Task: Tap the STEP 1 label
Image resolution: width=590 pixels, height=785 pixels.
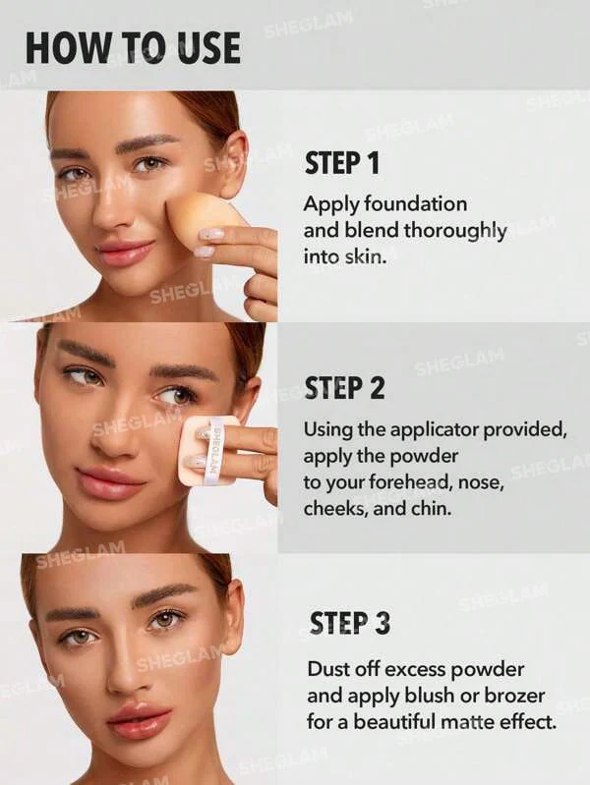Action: coord(342,163)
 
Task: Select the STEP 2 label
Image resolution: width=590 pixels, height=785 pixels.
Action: coord(344,389)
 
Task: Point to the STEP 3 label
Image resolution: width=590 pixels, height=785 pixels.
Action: coord(349,623)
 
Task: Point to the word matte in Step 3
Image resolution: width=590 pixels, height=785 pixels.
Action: coord(464,722)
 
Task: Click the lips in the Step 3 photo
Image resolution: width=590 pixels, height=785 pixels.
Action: coord(140,721)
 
